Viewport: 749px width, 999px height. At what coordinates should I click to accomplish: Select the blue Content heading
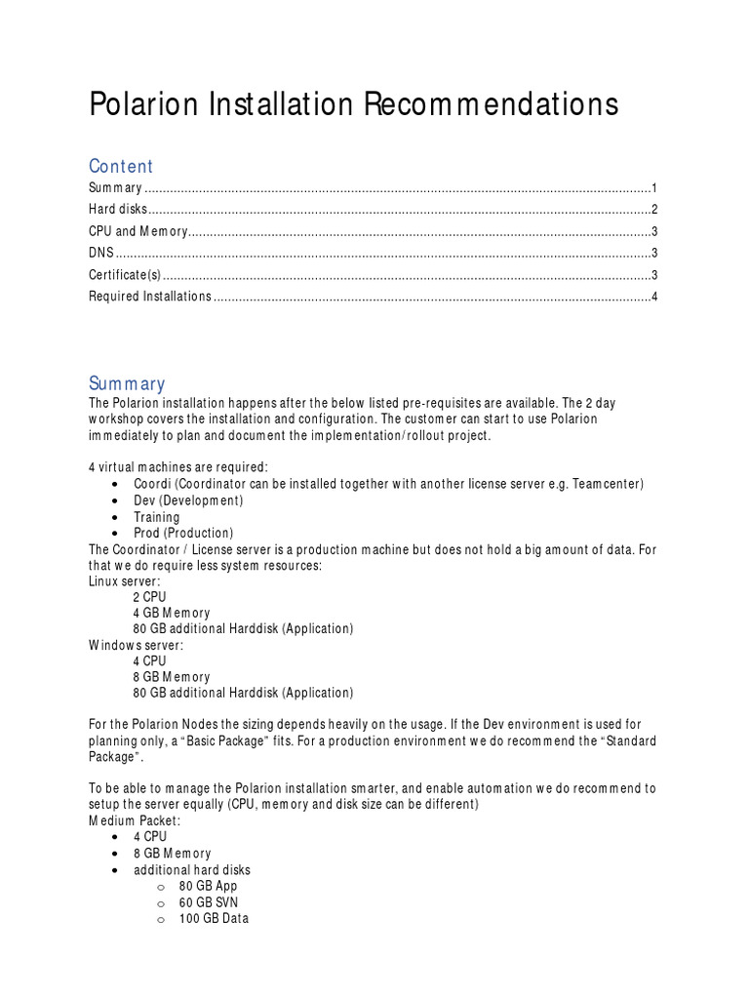(121, 166)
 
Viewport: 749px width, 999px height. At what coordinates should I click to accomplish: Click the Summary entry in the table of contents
(116, 188)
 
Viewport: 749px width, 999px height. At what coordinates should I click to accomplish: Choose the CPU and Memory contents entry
(138, 231)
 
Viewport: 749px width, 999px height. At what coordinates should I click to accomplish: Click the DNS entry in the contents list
(101, 253)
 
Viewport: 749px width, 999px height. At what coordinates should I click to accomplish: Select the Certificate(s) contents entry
(125, 274)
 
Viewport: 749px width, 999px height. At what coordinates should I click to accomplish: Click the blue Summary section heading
(127, 383)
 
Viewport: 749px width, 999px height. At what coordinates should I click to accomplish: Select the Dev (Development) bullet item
(188, 500)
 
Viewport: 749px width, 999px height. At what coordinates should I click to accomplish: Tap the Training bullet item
(157, 517)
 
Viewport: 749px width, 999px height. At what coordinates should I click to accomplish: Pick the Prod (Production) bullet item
(183, 533)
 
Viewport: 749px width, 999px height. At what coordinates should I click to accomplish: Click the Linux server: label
(125, 581)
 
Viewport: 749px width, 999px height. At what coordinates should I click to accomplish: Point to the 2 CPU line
(150, 597)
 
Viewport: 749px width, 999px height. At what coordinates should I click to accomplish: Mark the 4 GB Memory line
(172, 613)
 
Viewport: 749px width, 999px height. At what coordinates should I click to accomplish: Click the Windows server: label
(136, 645)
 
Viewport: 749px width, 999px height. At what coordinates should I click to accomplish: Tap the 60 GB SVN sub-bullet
(208, 901)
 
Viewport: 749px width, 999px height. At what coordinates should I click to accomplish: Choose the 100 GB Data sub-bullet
(214, 918)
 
